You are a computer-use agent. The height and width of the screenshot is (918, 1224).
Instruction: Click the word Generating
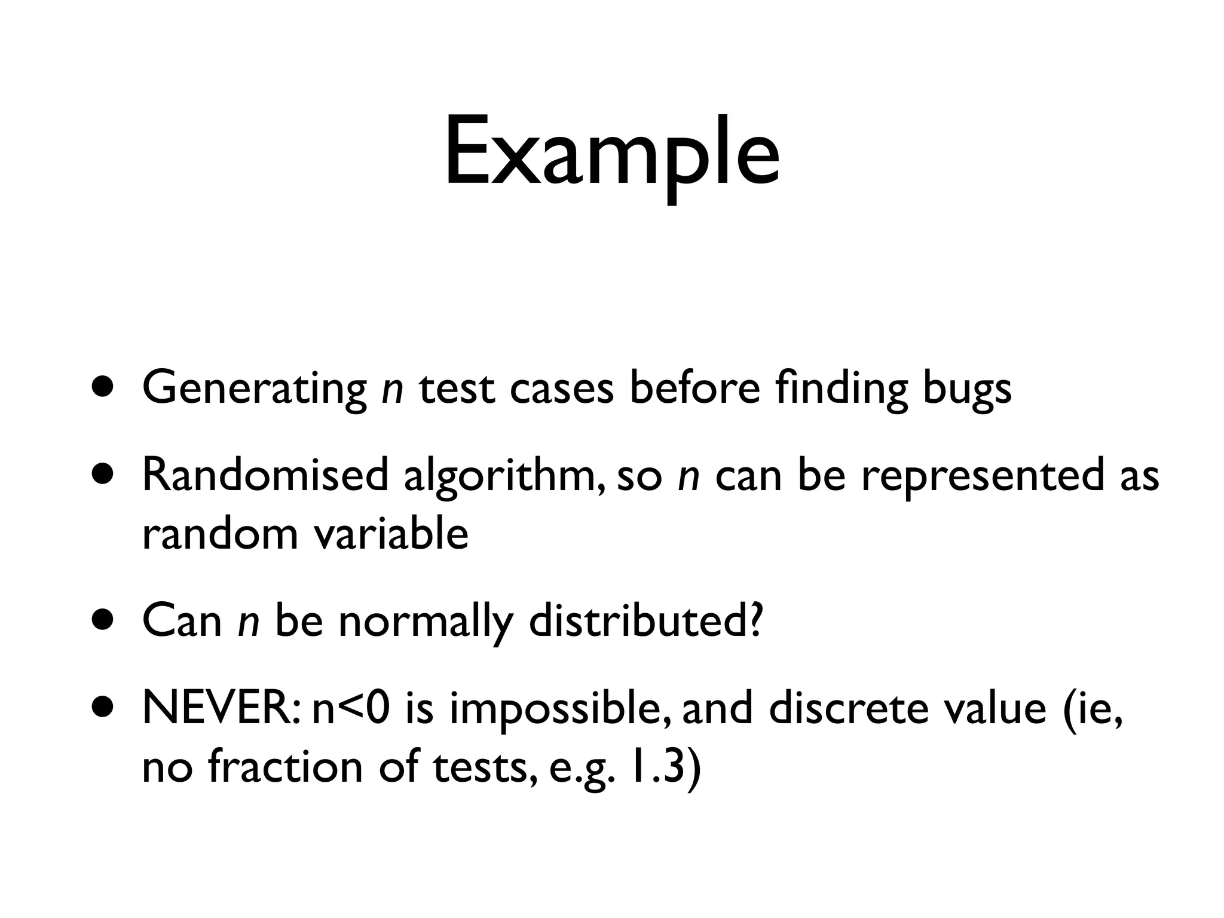(x=255, y=388)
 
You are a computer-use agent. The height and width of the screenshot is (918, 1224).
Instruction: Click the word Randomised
(x=265, y=476)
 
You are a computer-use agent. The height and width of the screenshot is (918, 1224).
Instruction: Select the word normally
(x=425, y=622)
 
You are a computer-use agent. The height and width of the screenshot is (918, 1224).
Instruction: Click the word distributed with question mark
(x=645, y=622)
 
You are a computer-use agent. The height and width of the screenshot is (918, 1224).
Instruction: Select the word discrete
(x=847, y=709)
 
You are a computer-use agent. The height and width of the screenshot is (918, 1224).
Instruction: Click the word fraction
(x=285, y=767)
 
